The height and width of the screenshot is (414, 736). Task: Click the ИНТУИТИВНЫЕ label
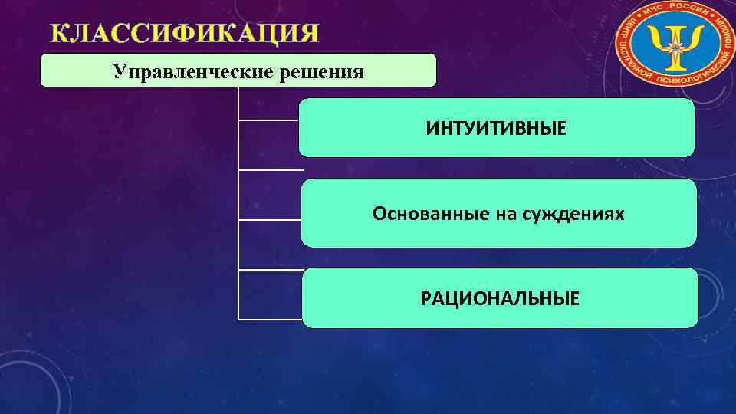point(497,128)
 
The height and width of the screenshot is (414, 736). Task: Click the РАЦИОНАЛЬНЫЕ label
point(500,297)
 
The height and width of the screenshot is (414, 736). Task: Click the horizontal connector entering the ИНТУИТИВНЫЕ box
point(268,120)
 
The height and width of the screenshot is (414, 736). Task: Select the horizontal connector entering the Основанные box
point(268,220)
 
